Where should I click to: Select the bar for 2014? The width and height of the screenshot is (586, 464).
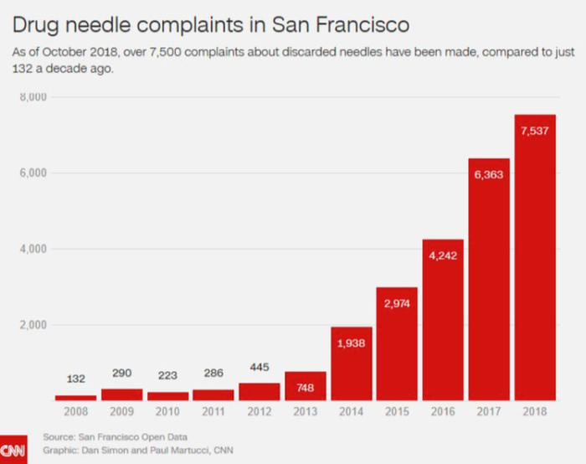(352, 369)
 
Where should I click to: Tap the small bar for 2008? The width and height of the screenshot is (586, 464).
(75, 397)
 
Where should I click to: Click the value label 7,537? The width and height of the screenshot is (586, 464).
(535, 130)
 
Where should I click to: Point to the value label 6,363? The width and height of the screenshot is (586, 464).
(489, 175)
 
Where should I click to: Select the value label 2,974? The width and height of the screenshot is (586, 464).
(397, 303)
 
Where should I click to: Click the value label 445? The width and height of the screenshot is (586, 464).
(260, 367)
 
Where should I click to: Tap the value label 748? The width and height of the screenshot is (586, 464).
(306, 387)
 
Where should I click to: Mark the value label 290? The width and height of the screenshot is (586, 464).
(121, 372)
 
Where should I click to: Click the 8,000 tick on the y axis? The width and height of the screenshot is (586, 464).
(33, 97)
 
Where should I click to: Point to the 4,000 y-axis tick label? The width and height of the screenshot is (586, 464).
(33, 249)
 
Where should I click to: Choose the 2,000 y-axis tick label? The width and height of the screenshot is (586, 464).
(33, 325)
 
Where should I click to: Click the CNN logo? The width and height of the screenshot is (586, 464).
(13, 451)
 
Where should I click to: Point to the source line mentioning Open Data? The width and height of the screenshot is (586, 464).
(116, 437)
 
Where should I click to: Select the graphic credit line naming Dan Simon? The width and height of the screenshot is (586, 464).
(138, 451)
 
